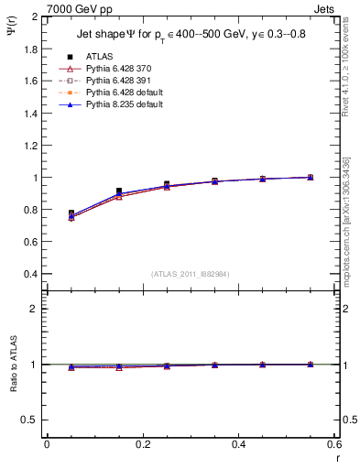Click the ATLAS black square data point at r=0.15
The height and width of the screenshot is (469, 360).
119,191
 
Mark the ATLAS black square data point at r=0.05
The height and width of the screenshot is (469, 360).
71,213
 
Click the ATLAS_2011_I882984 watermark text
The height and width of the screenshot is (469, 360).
190,274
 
